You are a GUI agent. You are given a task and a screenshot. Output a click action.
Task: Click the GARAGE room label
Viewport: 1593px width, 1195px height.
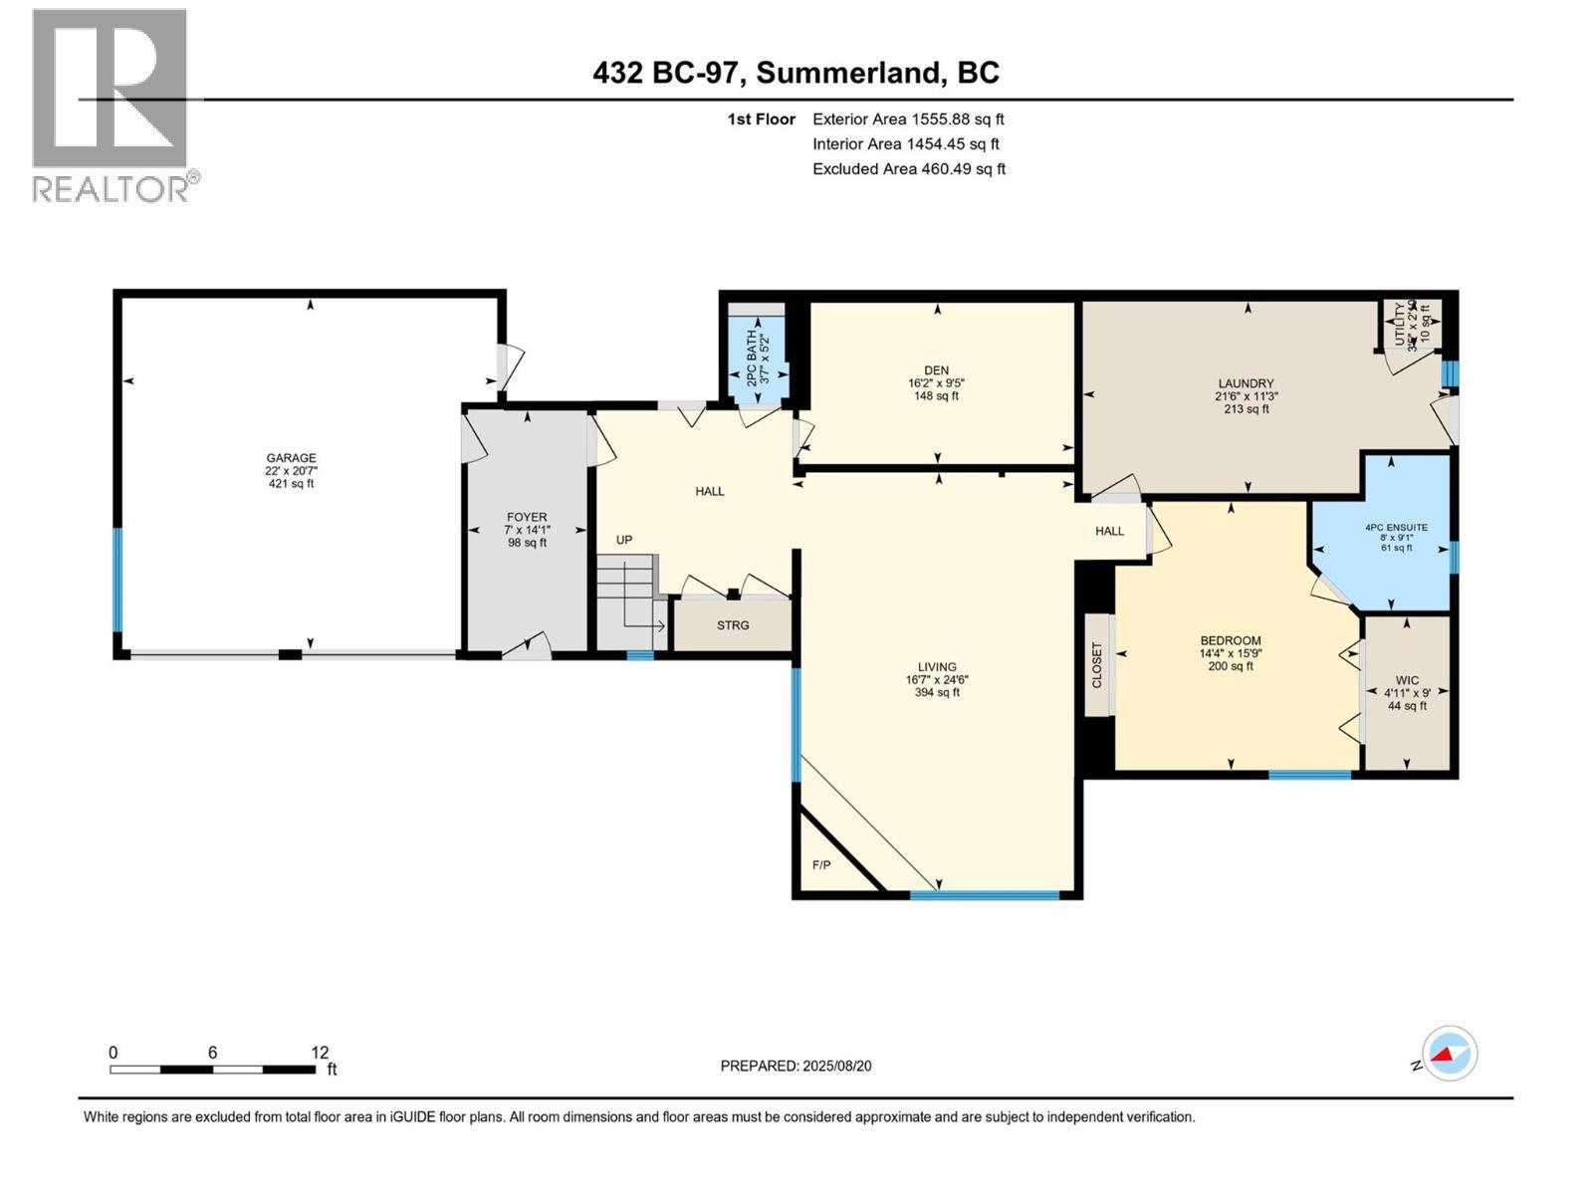point(291,458)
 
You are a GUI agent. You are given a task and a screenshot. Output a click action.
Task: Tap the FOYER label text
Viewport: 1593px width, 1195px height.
point(527,517)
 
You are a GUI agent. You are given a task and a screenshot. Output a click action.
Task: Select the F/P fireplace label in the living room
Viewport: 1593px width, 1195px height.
point(821,865)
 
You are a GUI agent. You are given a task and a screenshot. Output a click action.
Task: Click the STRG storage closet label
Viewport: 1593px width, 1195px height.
point(733,625)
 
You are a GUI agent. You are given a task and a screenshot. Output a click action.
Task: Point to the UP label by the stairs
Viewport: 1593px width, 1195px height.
point(624,540)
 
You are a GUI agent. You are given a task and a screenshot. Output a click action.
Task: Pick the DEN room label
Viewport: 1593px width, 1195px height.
point(936,370)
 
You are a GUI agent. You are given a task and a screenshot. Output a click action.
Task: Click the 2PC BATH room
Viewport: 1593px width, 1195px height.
point(758,358)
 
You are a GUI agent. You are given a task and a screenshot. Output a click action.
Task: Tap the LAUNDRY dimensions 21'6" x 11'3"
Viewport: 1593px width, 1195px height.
point(1246,396)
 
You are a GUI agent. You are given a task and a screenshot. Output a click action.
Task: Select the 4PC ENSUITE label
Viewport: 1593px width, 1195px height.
point(1396,528)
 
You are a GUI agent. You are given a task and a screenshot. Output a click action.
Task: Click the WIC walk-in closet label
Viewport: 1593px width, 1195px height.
point(1407,680)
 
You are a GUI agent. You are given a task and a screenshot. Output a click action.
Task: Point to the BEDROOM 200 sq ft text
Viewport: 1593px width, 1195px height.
point(1231,666)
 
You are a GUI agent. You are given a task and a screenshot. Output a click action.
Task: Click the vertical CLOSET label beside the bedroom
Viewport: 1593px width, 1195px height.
point(1098,665)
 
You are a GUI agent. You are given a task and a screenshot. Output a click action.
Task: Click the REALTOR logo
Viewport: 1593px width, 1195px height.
point(112,105)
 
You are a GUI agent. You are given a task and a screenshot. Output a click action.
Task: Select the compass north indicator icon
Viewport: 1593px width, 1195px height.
point(1450,1054)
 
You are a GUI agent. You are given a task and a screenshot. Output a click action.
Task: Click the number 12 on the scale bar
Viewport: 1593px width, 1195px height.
point(320,1053)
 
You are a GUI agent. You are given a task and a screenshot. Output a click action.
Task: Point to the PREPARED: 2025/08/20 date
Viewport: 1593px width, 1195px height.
point(796,1066)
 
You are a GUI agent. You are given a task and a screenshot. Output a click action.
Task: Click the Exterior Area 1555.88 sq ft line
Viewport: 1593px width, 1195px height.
point(908,119)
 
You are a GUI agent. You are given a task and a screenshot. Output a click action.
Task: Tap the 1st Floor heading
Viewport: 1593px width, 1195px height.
point(761,119)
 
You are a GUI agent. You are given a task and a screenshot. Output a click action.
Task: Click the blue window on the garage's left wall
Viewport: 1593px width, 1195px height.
point(118,580)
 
